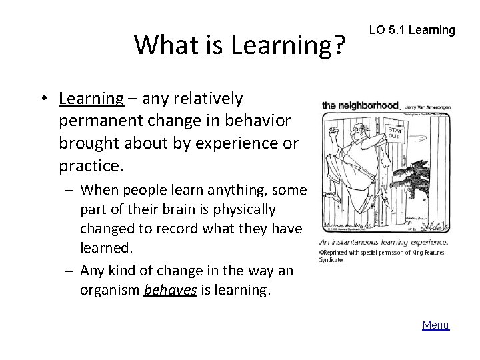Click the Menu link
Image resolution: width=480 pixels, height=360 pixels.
click(436, 325)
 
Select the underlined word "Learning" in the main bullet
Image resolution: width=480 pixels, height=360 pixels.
click(91, 99)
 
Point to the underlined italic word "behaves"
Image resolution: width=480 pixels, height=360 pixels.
click(170, 289)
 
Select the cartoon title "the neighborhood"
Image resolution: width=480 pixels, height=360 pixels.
click(361, 105)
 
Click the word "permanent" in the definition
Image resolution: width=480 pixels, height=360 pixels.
click(93, 122)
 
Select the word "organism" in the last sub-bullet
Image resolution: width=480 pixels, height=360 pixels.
click(108, 289)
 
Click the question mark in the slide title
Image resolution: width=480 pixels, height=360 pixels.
click(339, 45)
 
